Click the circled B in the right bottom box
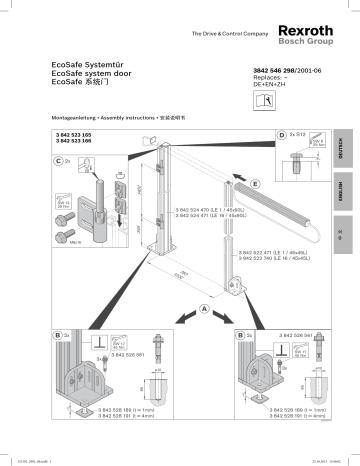coord(243,334)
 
